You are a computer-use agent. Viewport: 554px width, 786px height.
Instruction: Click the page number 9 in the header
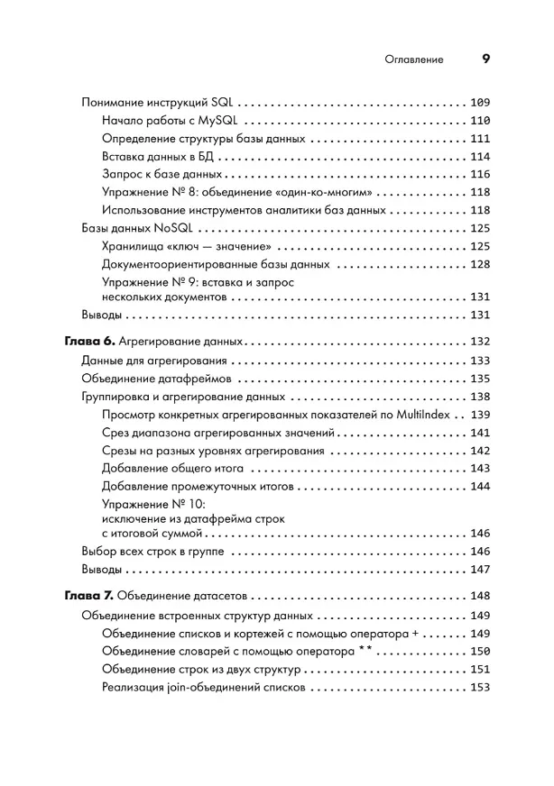[x=485, y=59]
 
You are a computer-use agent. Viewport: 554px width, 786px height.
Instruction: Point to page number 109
[x=479, y=102]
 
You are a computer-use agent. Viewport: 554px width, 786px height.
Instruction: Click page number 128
[x=479, y=265]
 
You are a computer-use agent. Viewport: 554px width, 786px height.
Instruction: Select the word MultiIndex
[x=421, y=416]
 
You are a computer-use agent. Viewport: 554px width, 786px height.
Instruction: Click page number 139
[x=479, y=416]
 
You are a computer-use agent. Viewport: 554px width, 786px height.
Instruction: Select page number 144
[x=479, y=487]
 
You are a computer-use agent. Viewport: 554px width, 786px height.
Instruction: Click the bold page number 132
[x=479, y=343]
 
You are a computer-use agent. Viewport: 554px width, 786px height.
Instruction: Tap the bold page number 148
[x=479, y=597]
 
